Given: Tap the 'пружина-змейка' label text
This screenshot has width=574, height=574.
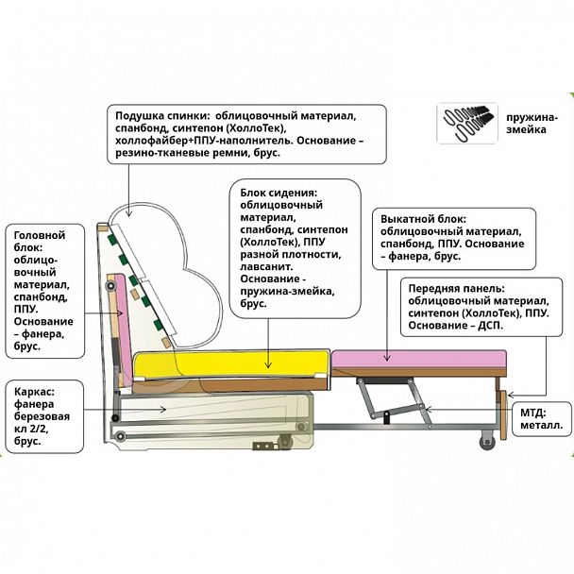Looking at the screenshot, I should point(531,123).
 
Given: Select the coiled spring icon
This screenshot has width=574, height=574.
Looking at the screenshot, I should point(467,123).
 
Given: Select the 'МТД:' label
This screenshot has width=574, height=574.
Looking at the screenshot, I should point(533,413).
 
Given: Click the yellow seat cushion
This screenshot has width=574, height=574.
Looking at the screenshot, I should point(231,361).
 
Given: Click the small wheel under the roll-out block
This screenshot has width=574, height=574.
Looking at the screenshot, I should point(487,439).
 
